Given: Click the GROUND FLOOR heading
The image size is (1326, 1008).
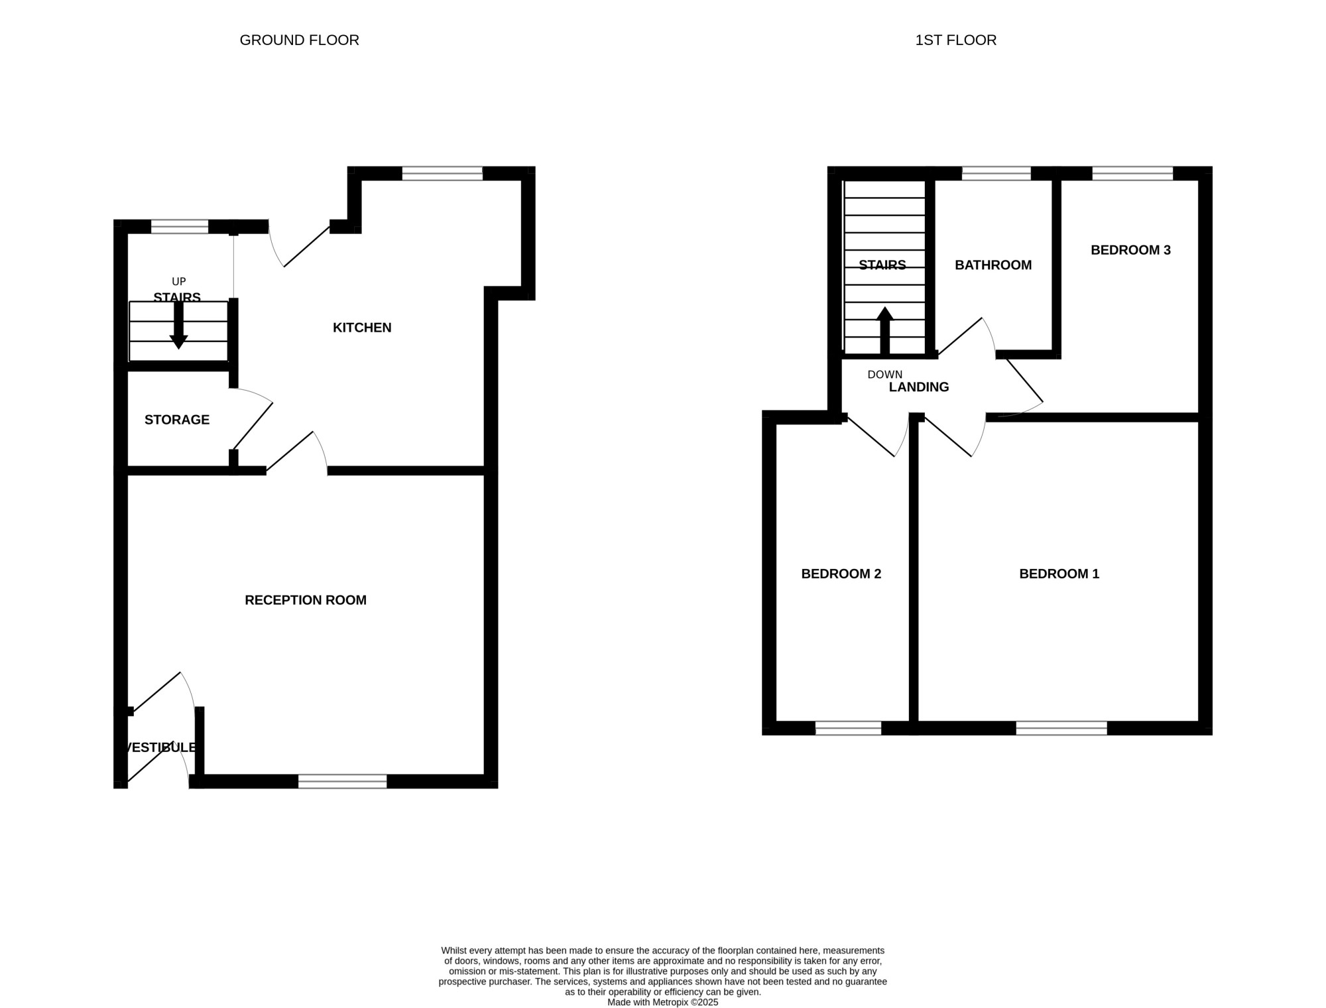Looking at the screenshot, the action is point(299,40).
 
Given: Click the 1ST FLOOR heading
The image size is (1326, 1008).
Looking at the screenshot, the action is point(955,40).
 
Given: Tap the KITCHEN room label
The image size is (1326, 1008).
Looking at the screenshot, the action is point(362,328).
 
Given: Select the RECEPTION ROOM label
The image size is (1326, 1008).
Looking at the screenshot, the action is point(306,600).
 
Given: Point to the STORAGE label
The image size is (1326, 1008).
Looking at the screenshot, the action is point(177,420).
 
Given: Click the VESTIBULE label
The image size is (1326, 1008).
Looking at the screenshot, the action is point(160,747).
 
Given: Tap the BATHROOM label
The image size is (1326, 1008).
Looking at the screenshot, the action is point(993,265).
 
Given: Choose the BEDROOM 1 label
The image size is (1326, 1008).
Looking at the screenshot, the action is point(1059,574).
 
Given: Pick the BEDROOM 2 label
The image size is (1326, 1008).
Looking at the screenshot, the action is point(841,574).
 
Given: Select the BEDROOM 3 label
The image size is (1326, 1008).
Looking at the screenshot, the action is point(1130,250).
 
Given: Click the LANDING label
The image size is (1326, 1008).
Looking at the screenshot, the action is point(919,387).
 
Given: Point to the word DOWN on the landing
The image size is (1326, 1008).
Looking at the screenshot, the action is point(884,375).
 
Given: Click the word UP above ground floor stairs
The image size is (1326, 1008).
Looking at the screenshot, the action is point(179,282).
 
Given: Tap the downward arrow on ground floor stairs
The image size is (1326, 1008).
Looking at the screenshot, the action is point(178,325).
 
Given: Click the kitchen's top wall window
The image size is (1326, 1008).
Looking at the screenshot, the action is point(442,174).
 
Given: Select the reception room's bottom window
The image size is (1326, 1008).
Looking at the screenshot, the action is point(342,781).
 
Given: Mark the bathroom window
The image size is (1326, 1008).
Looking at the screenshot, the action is point(996,174).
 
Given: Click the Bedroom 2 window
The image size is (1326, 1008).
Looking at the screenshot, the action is point(848,728).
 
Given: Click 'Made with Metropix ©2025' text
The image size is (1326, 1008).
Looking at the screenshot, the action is point(663,1003).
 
